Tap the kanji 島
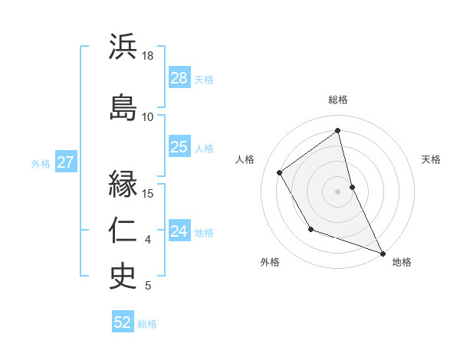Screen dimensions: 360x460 coord(123,106)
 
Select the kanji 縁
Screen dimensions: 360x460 coord(123,185)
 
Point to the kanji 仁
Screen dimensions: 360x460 coord(123,231)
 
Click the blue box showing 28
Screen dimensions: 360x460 coord(179,78)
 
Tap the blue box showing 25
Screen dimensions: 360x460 coord(179,147)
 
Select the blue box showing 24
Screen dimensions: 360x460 coord(179,231)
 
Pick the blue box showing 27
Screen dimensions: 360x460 coord(65,162)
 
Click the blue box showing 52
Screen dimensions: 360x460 coord(123,322)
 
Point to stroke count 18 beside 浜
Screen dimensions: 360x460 coord(148,56)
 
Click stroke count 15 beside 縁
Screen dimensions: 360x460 coord(148,193)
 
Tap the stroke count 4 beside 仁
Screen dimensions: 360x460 coord(148,240)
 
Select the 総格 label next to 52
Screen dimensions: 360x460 coord(147,324)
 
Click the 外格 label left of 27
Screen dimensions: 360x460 coord(41,163)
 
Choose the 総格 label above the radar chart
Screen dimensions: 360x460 coord(338,100)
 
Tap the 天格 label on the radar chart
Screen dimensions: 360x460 coord(431,159)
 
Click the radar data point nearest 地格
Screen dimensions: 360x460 coord(383,254)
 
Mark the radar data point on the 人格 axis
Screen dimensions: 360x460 coord(280,172)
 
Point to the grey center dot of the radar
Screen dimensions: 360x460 coord(338,191)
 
